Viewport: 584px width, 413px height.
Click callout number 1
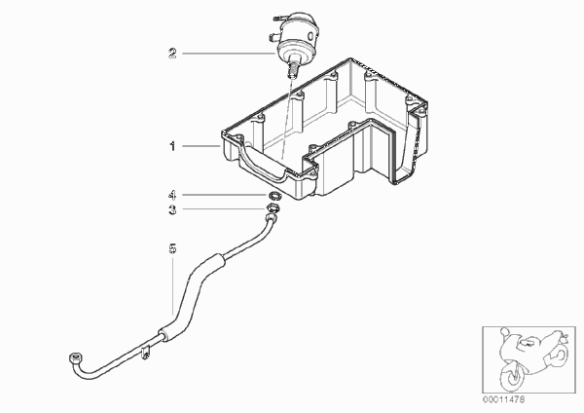[x=172, y=146]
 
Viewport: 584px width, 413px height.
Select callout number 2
[x=171, y=54]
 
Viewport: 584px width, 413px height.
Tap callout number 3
[x=172, y=209]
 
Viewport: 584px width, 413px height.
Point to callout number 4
[x=171, y=195]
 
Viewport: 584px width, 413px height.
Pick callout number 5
[x=172, y=248]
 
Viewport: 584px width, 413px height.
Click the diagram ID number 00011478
[x=503, y=399]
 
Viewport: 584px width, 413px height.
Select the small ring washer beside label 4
[x=274, y=195]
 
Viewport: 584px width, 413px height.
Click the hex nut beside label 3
[x=273, y=208]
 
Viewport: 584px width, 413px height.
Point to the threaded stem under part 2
[x=293, y=70]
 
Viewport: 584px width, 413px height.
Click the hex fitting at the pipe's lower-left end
[x=75, y=358]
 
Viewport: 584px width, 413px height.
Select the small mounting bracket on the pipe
[x=145, y=353]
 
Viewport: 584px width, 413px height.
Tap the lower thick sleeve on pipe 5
[x=167, y=332]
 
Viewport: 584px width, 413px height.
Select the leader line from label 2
[x=229, y=54]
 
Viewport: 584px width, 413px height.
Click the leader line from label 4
[x=225, y=195]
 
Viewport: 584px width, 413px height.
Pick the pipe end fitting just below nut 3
[x=272, y=217]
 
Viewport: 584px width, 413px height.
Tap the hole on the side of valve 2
[x=311, y=36]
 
